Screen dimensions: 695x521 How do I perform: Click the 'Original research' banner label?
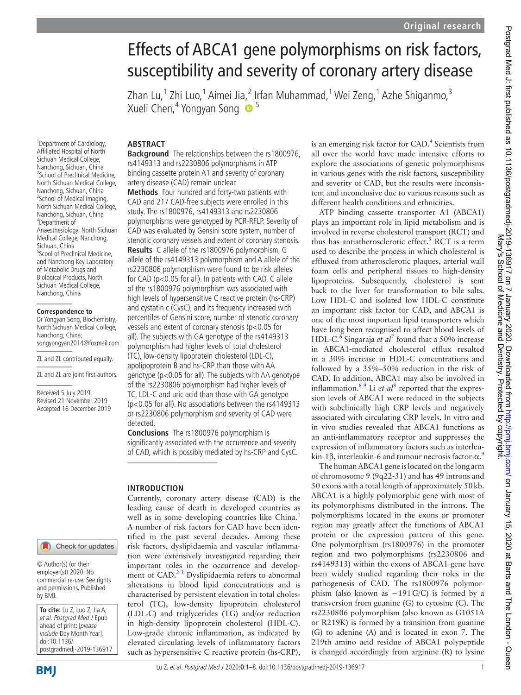pos(442,26)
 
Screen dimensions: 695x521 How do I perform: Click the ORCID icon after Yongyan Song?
pos(248,109)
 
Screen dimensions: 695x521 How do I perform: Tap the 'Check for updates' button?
pos(77,547)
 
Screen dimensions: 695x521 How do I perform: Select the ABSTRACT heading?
pos(146,144)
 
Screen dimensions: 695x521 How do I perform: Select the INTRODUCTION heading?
pos(155,488)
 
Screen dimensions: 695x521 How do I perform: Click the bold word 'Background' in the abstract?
pos(148,154)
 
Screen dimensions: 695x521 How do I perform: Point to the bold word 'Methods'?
pos(142,192)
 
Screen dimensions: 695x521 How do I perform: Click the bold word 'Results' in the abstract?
pos(139,250)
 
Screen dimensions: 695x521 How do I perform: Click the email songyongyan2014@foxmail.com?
pos(78,343)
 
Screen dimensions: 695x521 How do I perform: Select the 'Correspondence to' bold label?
pos(64,312)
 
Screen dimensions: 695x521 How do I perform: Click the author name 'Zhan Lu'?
pos(144,96)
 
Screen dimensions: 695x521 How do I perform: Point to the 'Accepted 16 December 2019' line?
pos(74,409)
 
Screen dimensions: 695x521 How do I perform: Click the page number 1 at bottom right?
pos(482,668)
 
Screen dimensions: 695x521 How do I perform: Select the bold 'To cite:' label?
pos(50,610)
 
